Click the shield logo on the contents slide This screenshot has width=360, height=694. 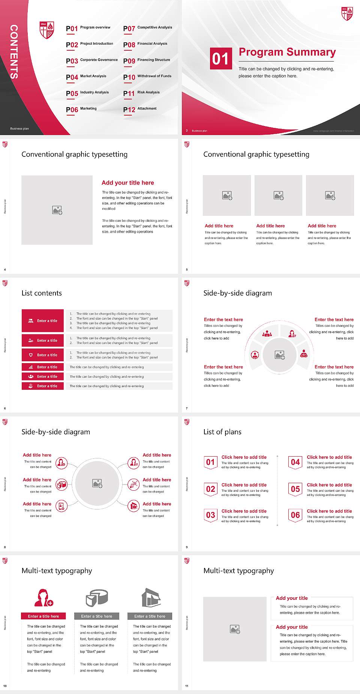click(47, 30)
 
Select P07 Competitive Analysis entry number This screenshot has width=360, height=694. click(129, 29)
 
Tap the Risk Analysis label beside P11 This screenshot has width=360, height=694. click(148, 92)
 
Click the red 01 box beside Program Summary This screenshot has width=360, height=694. click(220, 59)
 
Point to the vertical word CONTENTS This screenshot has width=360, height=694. click(14, 52)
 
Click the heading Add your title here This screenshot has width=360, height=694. click(127, 183)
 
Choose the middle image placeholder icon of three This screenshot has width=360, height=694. click(278, 195)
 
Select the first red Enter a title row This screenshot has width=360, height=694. click(43, 321)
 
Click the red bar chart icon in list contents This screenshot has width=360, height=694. click(31, 367)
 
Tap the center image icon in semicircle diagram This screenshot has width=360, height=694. click(280, 355)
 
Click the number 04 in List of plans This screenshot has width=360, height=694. click(295, 462)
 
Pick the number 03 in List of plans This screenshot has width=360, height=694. click(210, 515)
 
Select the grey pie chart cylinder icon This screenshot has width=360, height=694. click(97, 598)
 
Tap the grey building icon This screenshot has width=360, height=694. click(151, 598)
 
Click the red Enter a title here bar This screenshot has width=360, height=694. click(43, 616)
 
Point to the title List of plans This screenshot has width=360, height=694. click(222, 432)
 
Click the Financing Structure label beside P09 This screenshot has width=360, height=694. click(153, 60)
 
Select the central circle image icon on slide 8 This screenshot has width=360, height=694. click(97, 484)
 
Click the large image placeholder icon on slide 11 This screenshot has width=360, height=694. click(235, 629)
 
